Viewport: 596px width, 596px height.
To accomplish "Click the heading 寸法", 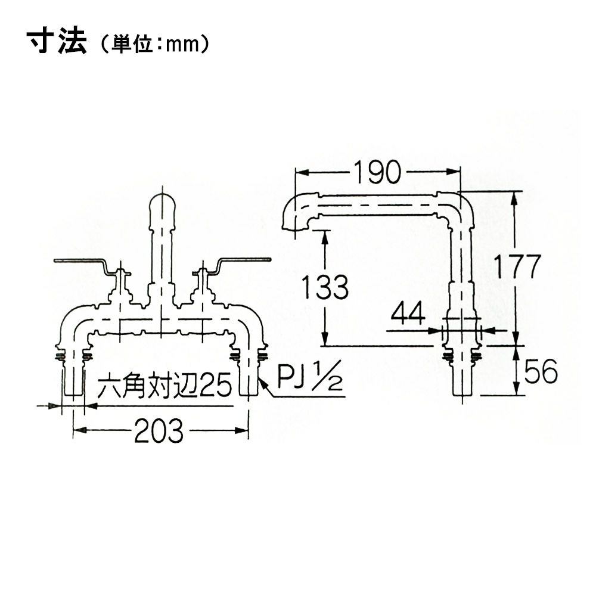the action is coord(57,42).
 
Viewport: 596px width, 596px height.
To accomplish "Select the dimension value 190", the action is coord(377,172).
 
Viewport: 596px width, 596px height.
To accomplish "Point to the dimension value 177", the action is coord(517,267).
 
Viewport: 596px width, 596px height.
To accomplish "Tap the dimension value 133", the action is coord(325,287).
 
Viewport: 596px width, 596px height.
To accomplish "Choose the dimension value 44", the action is coord(408,314).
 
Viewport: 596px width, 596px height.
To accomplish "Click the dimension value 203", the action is coord(159,431).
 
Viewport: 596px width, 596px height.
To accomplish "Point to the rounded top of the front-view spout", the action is coord(163,201).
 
